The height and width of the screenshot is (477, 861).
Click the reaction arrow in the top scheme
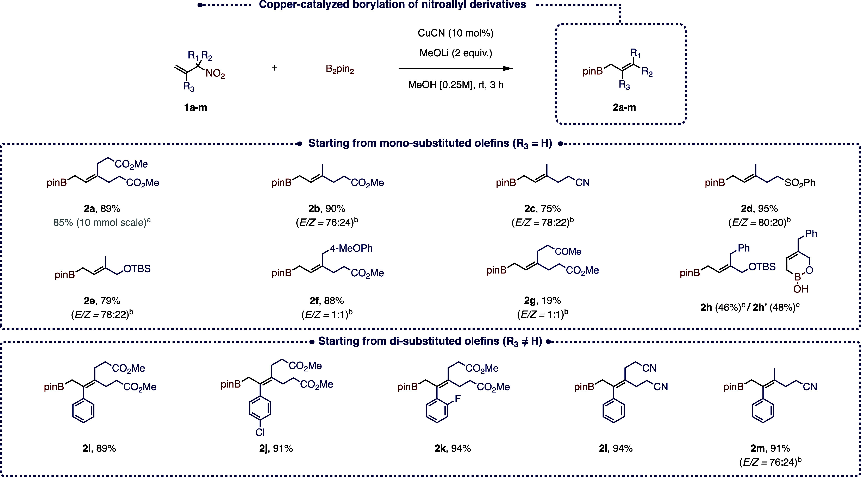pyautogui.click(x=455, y=69)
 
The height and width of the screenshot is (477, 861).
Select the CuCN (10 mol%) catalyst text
pyautogui.click(x=455, y=33)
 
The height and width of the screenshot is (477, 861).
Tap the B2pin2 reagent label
pyautogui.click(x=340, y=70)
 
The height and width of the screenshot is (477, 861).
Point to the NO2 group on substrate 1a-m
pyautogui.click(x=215, y=74)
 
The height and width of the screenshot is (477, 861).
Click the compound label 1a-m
pyautogui.click(x=195, y=107)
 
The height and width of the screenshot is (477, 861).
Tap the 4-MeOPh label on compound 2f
pyautogui.click(x=351, y=248)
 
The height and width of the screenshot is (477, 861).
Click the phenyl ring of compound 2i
pyautogui.click(x=83, y=411)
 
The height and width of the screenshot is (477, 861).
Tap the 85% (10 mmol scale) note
pyautogui.click(x=102, y=222)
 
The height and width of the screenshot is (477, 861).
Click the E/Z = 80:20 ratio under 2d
pyautogui.click(x=759, y=222)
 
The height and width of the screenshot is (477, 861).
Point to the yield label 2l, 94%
pyautogui.click(x=616, y=448)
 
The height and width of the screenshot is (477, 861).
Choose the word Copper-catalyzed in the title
pyautogui.click(x=304, y=5)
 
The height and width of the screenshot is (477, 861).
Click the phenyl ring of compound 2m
pyautogui.click(x=763, y=411)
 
